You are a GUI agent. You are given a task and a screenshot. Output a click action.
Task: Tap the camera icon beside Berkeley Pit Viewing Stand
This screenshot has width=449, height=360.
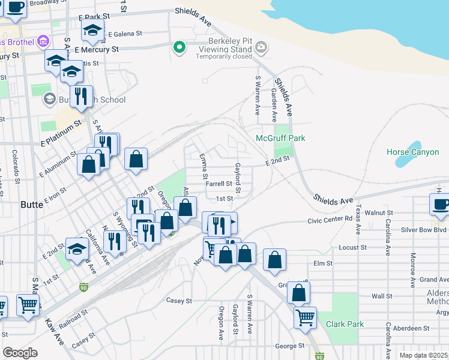(261, 47)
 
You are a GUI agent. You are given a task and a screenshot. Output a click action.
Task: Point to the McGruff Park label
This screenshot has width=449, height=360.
(280, 138)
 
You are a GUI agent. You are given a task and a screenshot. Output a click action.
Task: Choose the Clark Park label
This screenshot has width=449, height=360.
(345, 324)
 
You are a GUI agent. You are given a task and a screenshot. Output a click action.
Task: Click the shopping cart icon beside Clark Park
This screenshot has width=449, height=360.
(305, 316)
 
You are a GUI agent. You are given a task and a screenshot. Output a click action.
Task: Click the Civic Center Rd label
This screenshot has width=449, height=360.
(330, 220)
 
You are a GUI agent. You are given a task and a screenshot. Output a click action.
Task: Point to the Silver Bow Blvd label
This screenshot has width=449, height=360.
(424, 230)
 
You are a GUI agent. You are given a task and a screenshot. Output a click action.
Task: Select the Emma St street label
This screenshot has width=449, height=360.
(203, 167)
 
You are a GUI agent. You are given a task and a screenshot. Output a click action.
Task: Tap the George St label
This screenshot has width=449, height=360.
(290, 346)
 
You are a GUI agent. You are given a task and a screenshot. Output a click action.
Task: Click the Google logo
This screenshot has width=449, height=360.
(20, 352)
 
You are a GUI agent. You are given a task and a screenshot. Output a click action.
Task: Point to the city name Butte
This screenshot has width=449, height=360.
(32, 205)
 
